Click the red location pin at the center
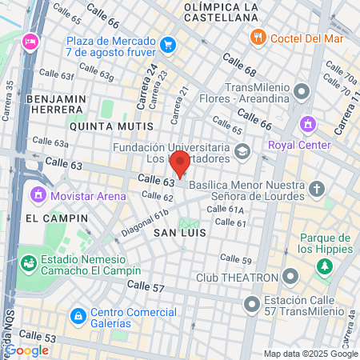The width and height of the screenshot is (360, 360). pyautogui.click(x=180, y=165)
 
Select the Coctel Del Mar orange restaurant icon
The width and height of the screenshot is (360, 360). pyautogui.click(x=258, y=36)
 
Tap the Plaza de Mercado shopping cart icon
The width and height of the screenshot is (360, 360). pyautogui.click(x=167, y=43)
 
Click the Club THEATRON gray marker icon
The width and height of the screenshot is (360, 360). pyautogui.click(x=290, y=278)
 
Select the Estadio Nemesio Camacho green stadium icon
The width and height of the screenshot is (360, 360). pyautogui.click(x=28, y=262)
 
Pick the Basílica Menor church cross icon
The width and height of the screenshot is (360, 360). pyautogui.click(x=318, y=190)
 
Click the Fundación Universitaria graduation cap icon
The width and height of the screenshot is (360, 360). pyautogui.click(x=241, y=150)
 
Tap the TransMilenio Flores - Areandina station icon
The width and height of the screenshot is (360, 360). pyautogui.click(x=302, y=90)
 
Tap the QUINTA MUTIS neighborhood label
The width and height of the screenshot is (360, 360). pyautogui.click(x=111, y=126)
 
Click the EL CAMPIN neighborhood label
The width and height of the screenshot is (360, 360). pyautogui.click(x=50, y=217)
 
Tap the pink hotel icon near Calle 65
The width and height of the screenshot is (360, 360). pyautogui.click(x=30, y=41)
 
